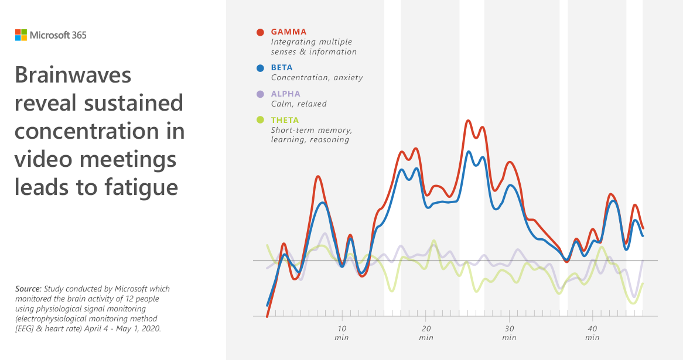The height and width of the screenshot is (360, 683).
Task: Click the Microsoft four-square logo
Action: coord(21,35)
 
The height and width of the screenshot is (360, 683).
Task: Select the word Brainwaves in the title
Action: coord(73,76)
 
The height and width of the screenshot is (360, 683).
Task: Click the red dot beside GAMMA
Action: coord(261,32)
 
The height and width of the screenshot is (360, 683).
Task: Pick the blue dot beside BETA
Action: coord(261,68)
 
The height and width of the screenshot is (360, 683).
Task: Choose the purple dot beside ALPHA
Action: coord(261,94)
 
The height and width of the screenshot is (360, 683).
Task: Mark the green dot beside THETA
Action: coord(261,121)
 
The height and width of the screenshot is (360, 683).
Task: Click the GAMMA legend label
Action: coord(289,32)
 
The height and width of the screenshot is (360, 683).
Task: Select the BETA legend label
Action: coord(282,68)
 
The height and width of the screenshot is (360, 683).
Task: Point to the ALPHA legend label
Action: coord(286,94)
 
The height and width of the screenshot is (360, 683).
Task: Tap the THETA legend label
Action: coord(286,121)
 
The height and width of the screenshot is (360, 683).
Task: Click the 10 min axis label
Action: coord(342,332)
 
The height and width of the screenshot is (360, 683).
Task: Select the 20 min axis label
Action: coord(426,332)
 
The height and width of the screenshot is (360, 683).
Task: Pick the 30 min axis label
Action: coord(509,332)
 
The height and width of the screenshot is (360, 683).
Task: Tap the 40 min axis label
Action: coord(592,332)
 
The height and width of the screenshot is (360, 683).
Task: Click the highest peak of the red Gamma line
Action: coord(468,121)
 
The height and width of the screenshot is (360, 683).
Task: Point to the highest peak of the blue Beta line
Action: coord(469,152)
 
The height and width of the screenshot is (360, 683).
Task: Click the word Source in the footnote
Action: coord(28,289)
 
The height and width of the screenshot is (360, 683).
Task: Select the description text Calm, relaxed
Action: coord(299,104)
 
